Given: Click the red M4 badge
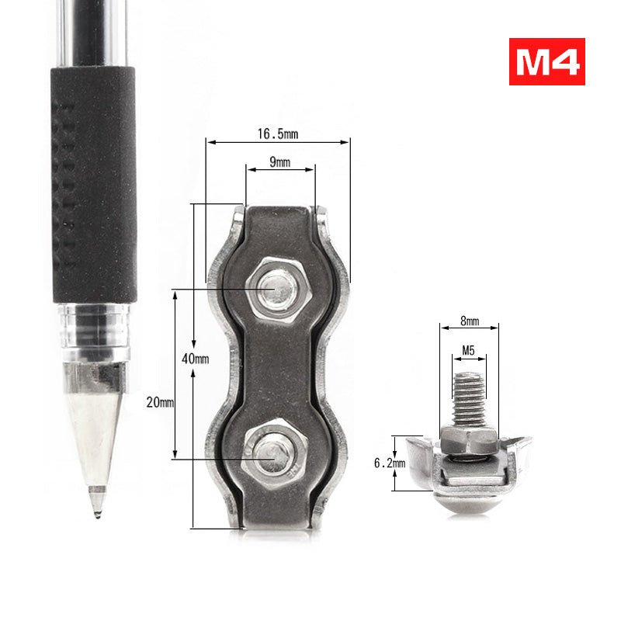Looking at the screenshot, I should (x=546, y=61).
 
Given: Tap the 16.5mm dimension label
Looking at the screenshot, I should (x=277, y=134).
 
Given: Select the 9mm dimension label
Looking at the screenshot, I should (x=280, y=162).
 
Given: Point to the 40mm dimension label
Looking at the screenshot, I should (x=196, y=359).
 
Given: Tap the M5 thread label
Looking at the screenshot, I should (x=468, y=350).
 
